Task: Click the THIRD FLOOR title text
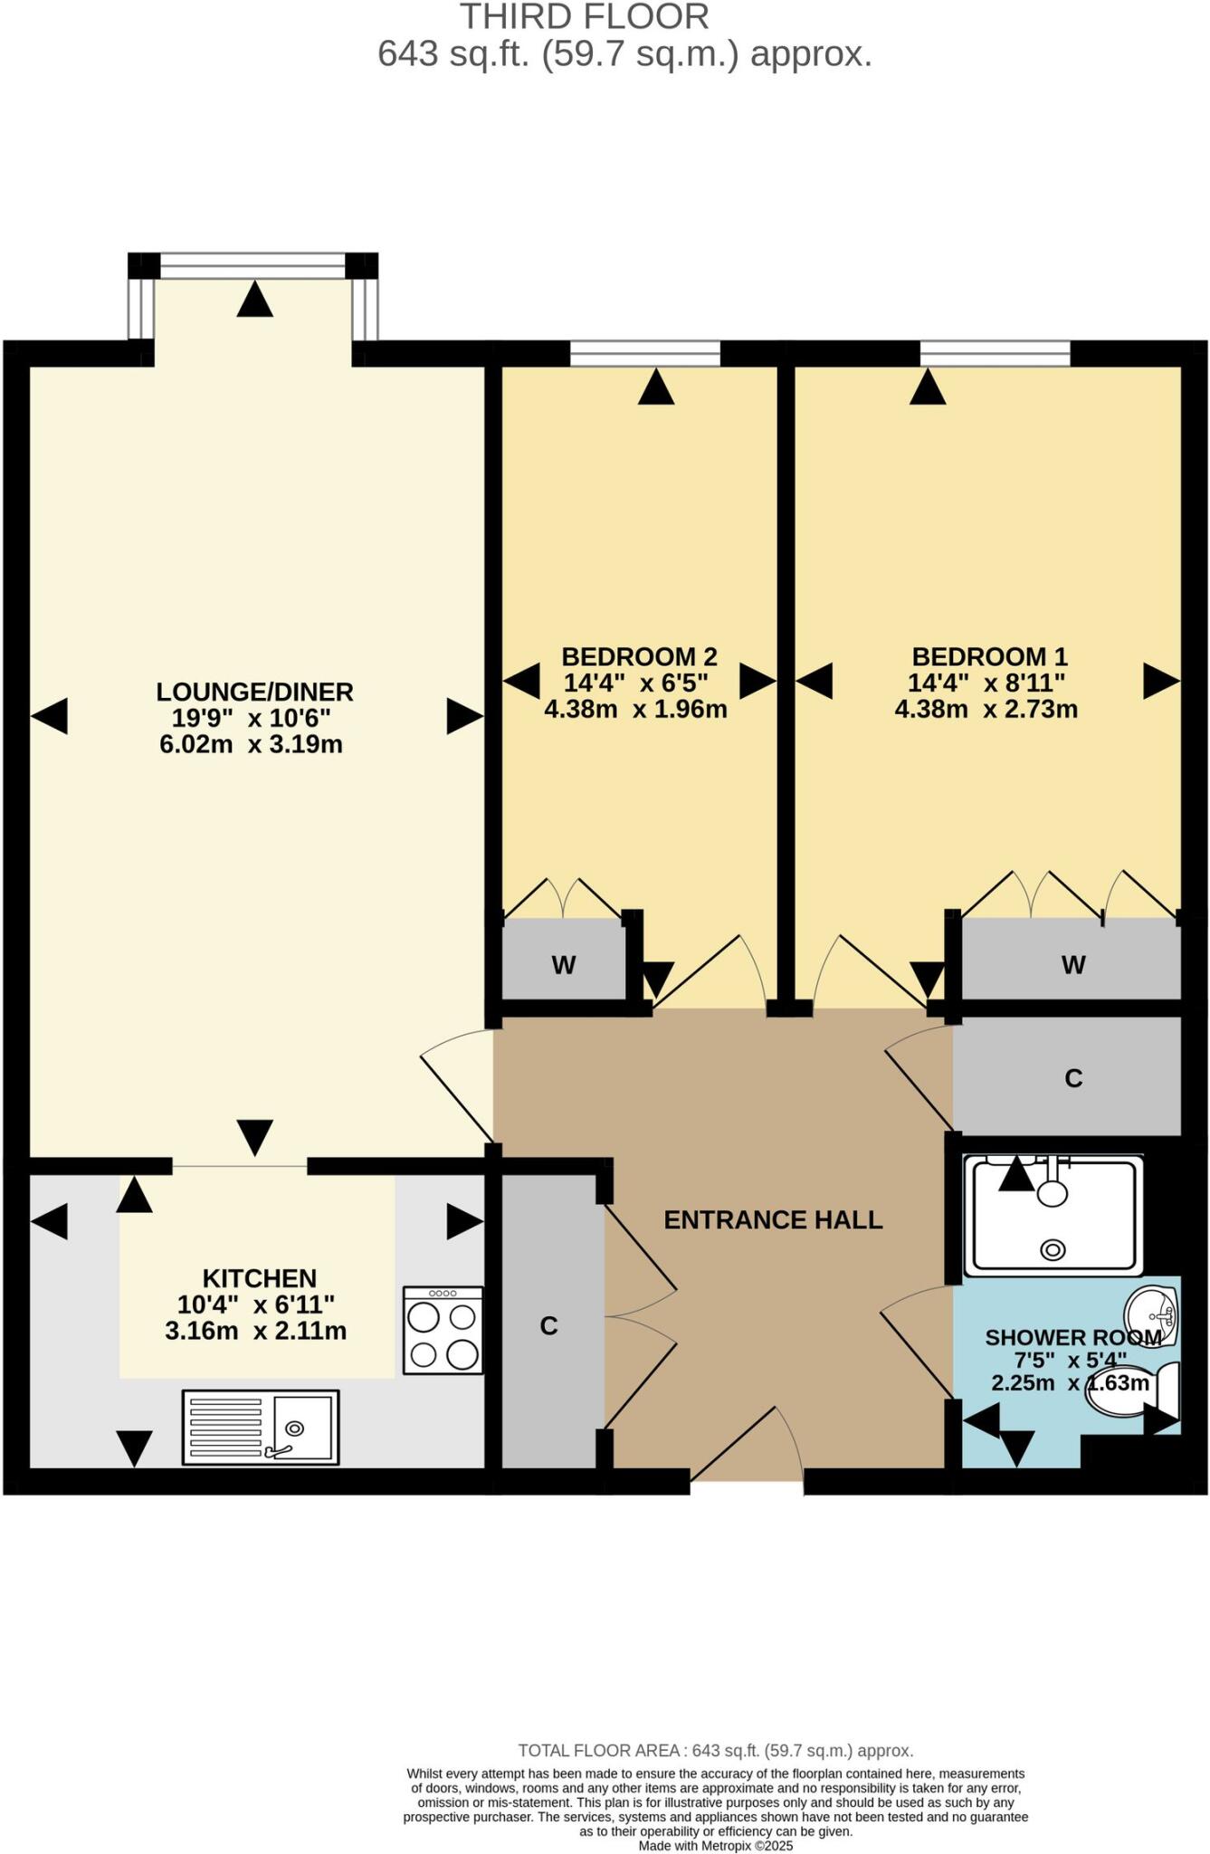(584, 16)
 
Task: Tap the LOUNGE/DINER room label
(254, 692)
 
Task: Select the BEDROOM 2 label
(639, 656)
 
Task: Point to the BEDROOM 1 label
(989, 656)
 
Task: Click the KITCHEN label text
(259, 1278)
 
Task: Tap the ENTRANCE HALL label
(773, 1219)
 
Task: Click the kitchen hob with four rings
(443, 1330)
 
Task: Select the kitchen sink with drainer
(261, 1427)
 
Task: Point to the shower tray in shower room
(1053, 1215)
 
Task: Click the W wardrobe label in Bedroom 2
(563, 965)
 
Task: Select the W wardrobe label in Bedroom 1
(1073, 965)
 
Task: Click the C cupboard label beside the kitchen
(548, 1325)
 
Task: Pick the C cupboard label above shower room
(1073, 1078)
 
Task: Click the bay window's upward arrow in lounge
(254, 300)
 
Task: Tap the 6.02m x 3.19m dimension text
(251, 745)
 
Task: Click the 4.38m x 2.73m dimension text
(986, 709)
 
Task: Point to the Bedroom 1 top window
(995, 353)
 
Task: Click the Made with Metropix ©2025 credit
(715, 1845)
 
